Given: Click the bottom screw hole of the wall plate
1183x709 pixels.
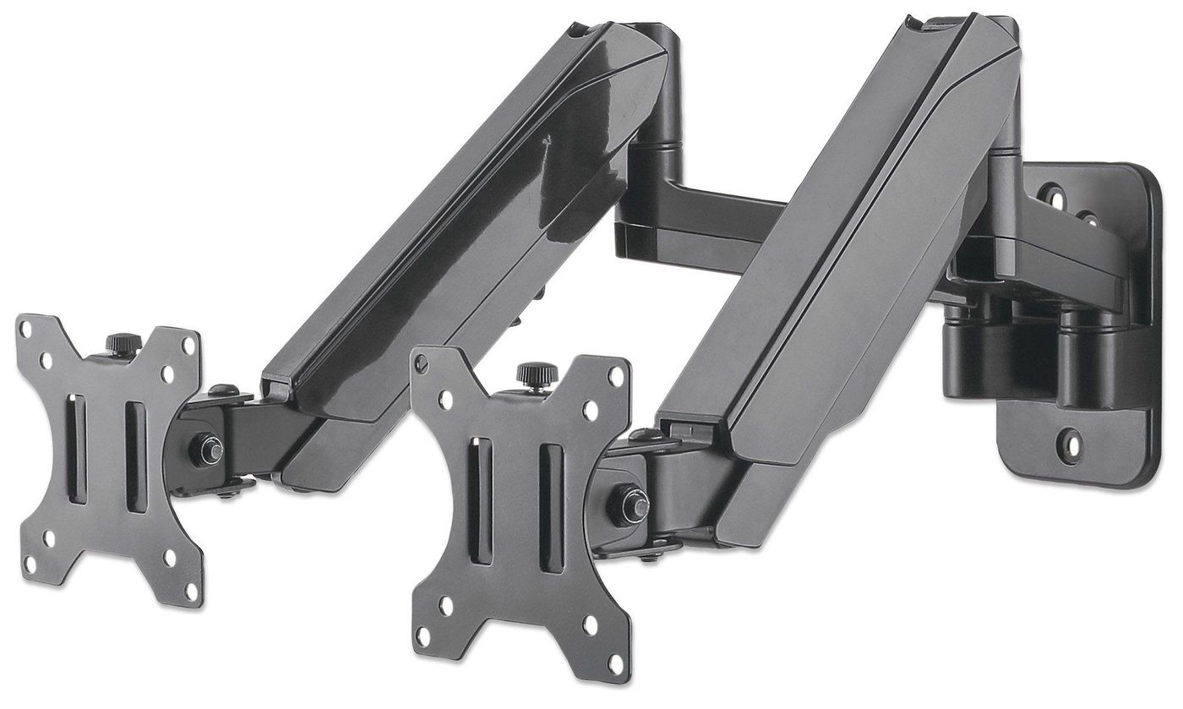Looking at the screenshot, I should [x=1071, y=439].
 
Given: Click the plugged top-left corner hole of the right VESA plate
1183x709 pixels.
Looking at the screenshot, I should [x=422, y=361].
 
